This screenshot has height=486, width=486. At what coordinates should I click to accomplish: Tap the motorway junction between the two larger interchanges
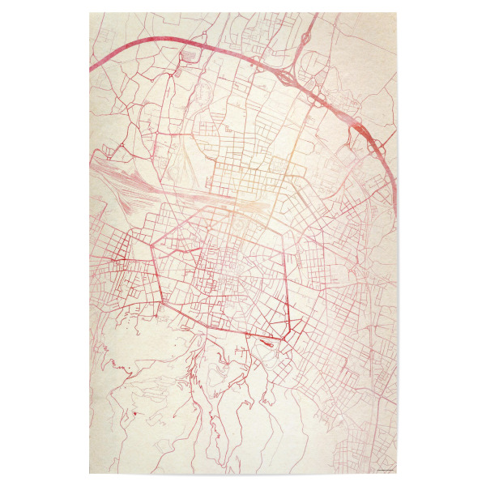(x=320, y=101)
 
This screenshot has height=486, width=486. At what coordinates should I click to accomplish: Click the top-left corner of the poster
(x=90, y=13)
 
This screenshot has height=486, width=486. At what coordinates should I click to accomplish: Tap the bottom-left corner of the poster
(x=90, y=474)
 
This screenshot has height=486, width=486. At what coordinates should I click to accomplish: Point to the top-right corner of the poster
(x=397, y=13)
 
